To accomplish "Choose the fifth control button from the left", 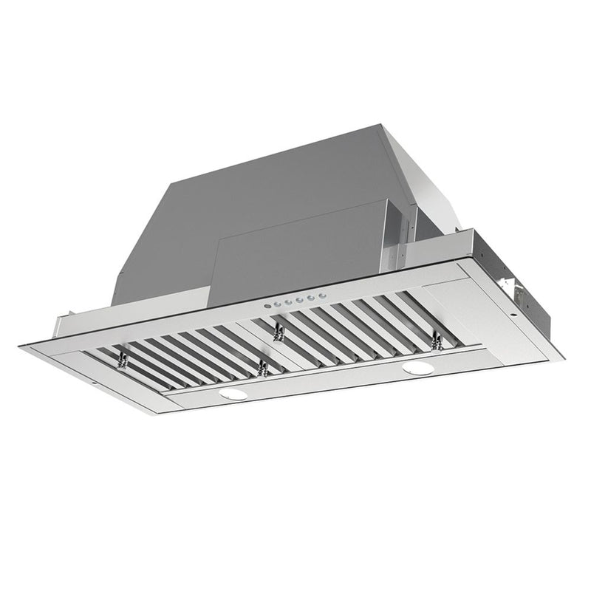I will (311, 298).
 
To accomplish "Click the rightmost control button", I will (322, 296).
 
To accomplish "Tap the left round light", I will (235, 394).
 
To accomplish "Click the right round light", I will (418, 367).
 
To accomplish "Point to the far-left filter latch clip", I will (122, 360).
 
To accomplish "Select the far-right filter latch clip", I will (436, 341).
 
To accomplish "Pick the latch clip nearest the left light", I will (261, 367).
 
